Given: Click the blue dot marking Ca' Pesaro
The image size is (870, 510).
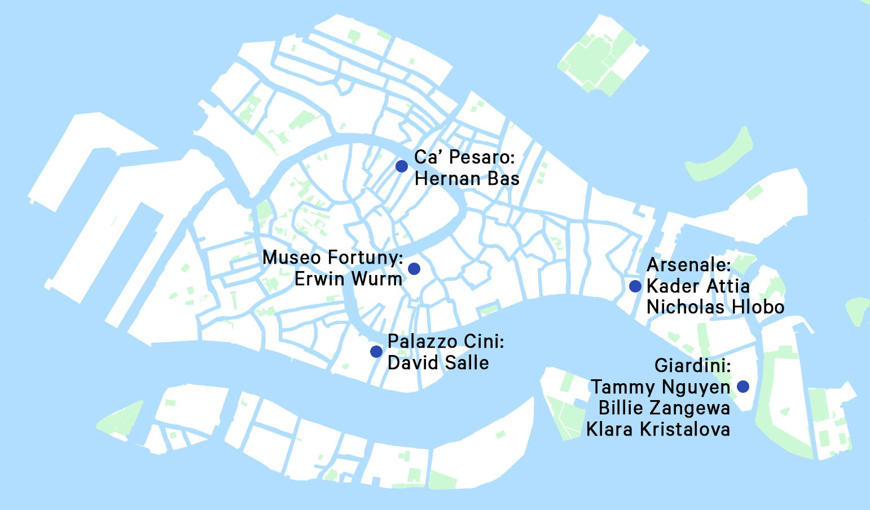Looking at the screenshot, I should point(402,166).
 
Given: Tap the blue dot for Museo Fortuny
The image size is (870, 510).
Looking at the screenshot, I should point(414,268).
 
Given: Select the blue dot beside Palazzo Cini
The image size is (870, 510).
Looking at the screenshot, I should point(376,352).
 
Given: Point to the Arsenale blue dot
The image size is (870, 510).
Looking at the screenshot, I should point(635,286).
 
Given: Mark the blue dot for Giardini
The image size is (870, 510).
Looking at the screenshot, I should point(743,387).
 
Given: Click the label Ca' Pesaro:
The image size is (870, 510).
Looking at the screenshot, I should point(465,158).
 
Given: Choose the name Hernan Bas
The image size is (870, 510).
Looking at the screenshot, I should point(467,179).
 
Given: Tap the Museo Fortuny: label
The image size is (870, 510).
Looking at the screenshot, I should point(333,258).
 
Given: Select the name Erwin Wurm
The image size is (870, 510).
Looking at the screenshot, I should point(349,279).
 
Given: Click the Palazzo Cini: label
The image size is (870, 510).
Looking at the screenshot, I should point(446,342).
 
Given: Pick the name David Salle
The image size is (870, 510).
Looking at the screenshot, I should point(438,363).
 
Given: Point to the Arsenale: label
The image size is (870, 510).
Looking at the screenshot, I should point(689,265).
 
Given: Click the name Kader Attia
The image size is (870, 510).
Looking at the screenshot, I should point(698,286).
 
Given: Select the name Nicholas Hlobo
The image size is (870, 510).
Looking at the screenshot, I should point(715,307).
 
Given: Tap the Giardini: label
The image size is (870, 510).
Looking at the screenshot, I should point(693,366).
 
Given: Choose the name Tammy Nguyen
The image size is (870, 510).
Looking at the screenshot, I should point(660,387).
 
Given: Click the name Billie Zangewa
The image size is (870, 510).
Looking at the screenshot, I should point(664,408).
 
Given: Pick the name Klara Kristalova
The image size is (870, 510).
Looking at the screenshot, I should point(658,429).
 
